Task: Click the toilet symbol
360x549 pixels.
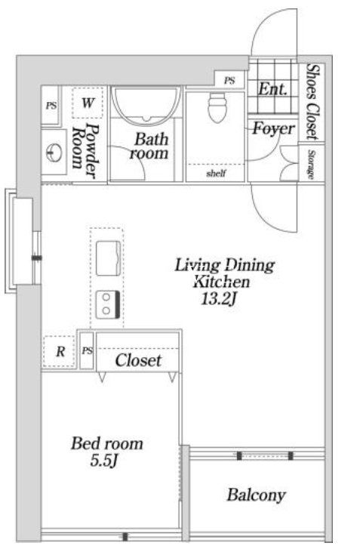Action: [x=217, y=107]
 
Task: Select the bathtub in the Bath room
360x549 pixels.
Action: [x=146, y=106]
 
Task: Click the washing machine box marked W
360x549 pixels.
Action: [x=88, y=103]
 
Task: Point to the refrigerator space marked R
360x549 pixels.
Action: [x=59, y=351]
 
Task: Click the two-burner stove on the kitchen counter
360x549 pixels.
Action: [x=108, y=304]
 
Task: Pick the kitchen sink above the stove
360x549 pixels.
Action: [x=109, y=258]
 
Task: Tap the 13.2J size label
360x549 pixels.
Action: [x=220, y=298]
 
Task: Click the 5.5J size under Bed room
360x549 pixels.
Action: [x=104, y=461]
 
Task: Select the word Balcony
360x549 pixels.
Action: [x=256, y=495]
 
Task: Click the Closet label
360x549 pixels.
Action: [x=138, y=360]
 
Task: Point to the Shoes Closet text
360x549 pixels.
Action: [x=312, y=102]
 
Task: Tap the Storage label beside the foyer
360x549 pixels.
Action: [x=311, y=165]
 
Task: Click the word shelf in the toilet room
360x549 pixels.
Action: [x=216, y=173]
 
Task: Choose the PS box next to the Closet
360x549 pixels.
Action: [x=87, y=350]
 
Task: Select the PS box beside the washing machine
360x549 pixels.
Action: [x=51, y=105]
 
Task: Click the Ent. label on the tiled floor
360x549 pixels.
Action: [x=272, y=89]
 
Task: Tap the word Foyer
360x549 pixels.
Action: [x=274, y=128]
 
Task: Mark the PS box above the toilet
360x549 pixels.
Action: [x=229, y=81]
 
